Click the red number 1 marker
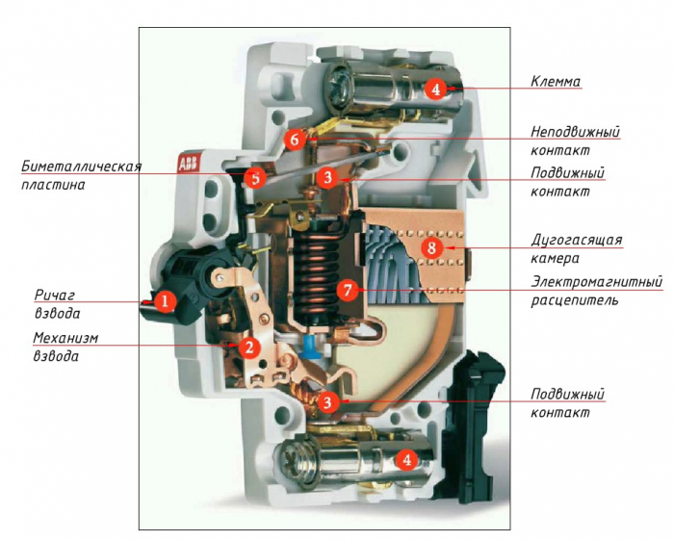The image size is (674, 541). pos(165,302)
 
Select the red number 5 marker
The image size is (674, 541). pos(254,177)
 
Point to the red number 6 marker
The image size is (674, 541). pos(296,139)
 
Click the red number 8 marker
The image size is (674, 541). pos(431,247)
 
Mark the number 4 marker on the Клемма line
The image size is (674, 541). pos(435,90)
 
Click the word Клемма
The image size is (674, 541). pos(556,83)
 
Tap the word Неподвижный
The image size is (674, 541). pos(576,131)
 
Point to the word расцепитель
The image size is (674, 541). pos(575,300)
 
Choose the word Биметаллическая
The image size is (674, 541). pos(82,167)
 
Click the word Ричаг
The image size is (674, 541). pos(55,295)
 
